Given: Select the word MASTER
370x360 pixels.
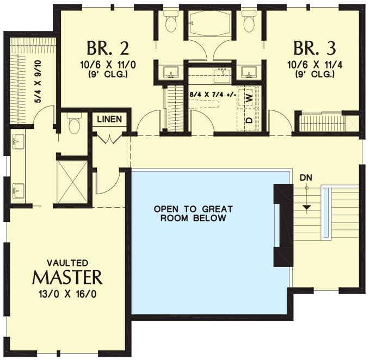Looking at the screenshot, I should [x=67, y=277].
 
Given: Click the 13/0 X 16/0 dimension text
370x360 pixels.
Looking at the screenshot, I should [x=67, y=292].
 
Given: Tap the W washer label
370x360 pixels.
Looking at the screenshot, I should [x=249, y=98].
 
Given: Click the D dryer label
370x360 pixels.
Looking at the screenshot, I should [x=249, y=119].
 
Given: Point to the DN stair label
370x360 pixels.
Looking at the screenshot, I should [x=306, y=178].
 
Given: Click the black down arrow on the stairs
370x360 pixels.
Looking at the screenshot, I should [x=306, y=206].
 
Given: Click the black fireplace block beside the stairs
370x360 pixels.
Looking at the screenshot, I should [x=282, y=224].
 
